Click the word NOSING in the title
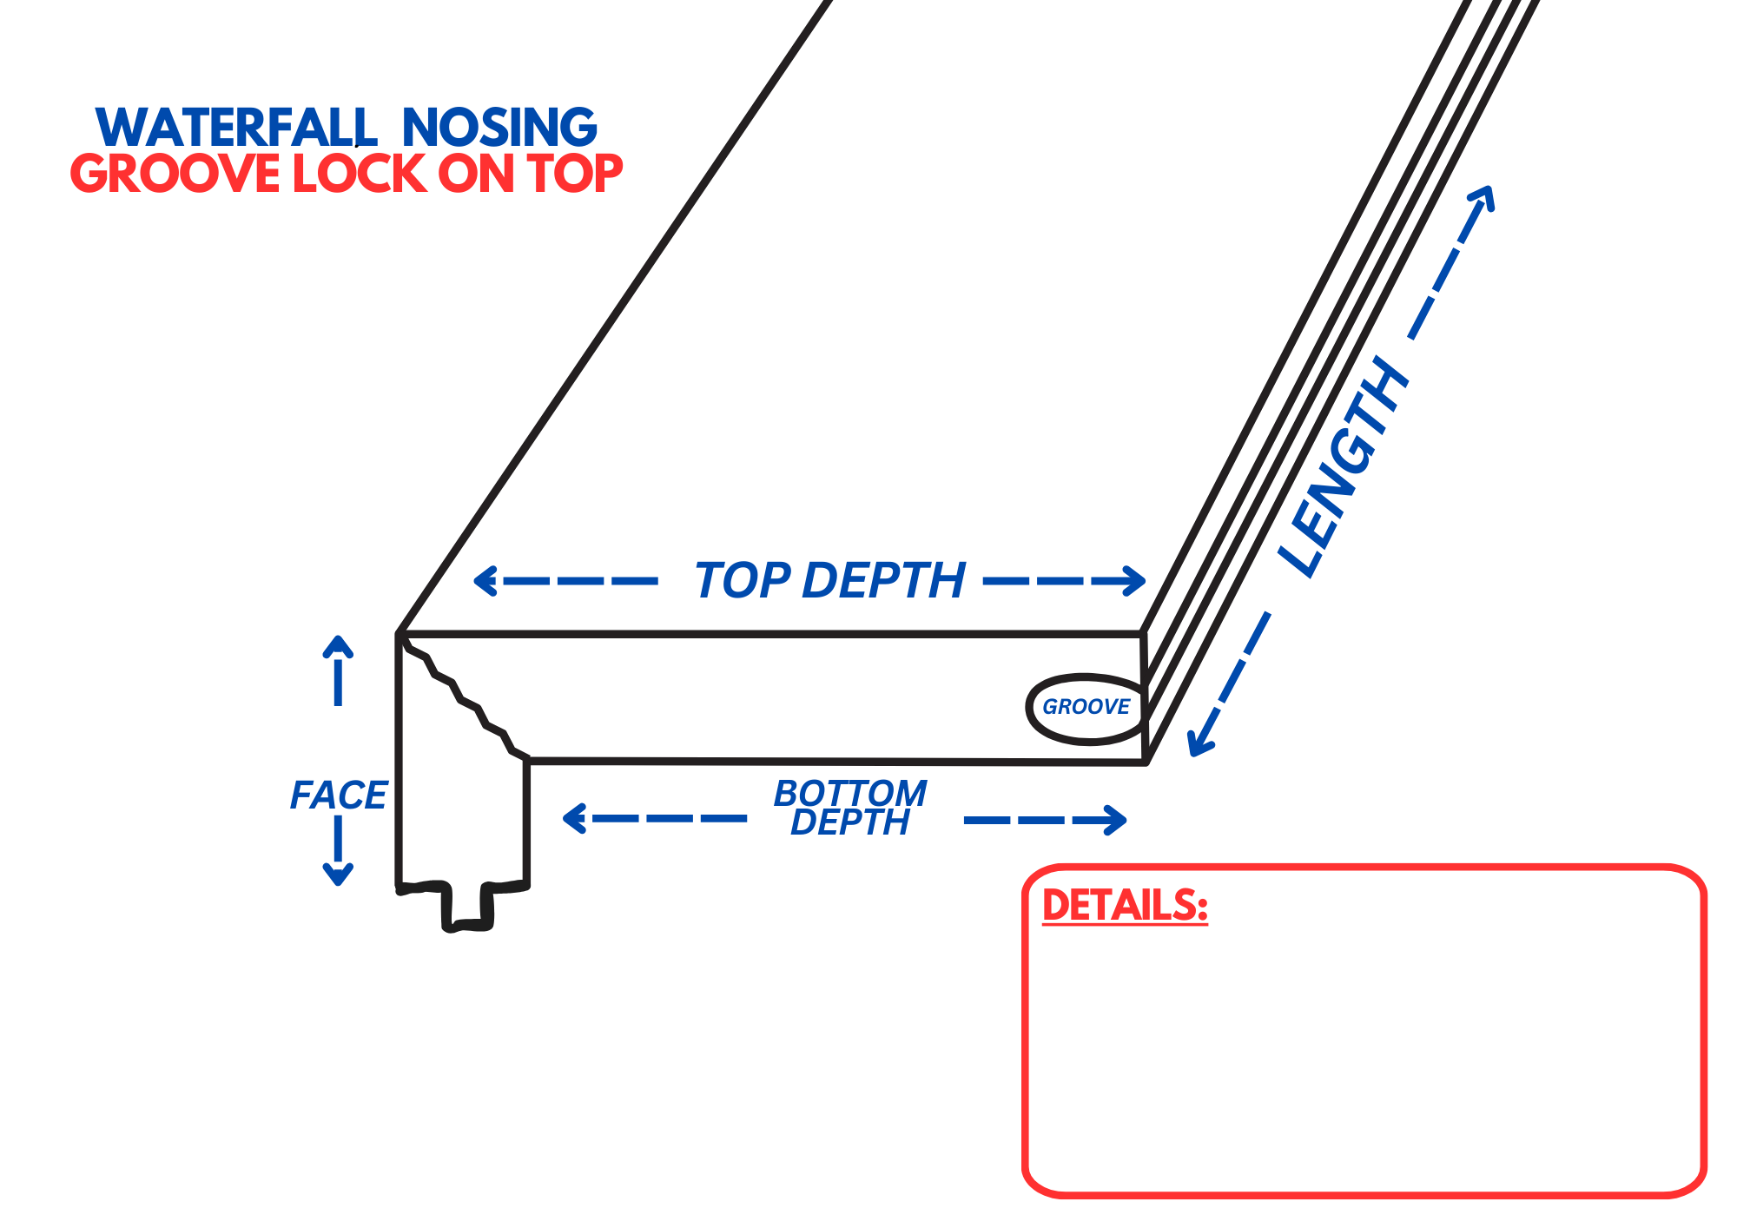point(499,128)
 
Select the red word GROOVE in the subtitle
point(175,174)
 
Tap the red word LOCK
point(358,174)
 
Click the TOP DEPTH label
point(829,580)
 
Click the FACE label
point(338,796)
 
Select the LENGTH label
point(1344,469)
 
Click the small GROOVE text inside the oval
point(1086,707)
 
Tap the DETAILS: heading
point(1125,906)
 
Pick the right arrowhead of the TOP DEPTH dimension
point(1134,580)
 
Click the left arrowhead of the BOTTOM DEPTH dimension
point(574,818)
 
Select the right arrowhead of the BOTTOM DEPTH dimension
point(1115,819)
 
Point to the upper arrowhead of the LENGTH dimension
point(1484,197)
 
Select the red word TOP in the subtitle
point(575,174)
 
